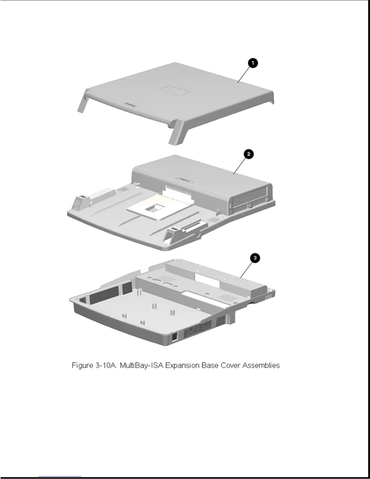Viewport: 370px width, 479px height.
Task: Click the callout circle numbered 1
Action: (x=253, y=64)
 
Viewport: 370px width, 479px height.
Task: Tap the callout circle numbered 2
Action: (x=248, y=154)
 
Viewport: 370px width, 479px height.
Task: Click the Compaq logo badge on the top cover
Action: (x=130, y=104)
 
